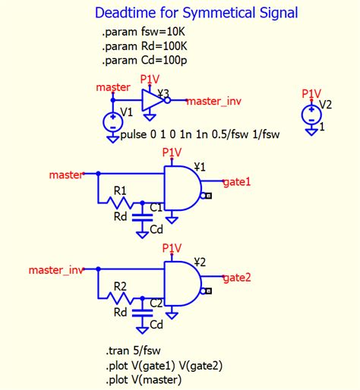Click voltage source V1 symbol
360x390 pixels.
click(x=112, y=121)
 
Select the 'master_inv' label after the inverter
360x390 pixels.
click(x=213, y=101)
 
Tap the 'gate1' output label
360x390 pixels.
click(x=236, y=182)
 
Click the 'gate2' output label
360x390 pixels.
click(x=236, y=278)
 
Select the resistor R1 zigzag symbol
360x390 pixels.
click(x=119, y=204)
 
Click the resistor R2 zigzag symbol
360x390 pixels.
click(x=119, y=299)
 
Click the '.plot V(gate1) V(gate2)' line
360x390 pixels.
click(x=164, y=366)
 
